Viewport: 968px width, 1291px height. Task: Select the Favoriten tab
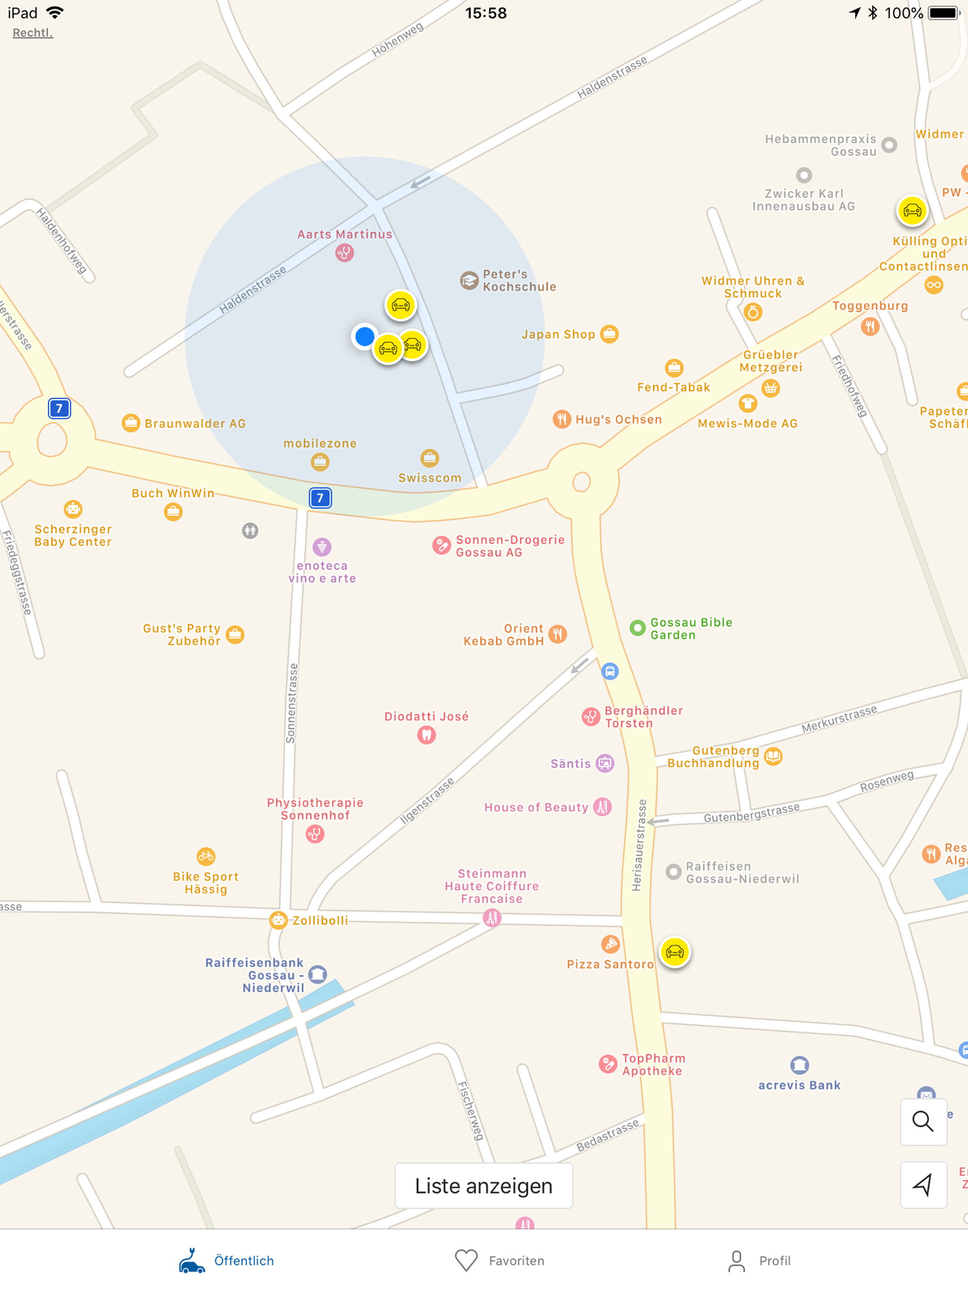pos(499,1260)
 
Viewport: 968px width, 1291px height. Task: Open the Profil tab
pos(759,1260)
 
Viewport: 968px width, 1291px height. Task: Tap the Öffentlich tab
pos(226,1260)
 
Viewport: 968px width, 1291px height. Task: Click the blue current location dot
pos(364,336)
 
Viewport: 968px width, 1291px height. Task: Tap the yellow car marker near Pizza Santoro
pos(674,952)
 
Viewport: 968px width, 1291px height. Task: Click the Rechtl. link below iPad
pos(33,33)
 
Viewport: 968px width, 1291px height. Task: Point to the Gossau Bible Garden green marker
pos(638,628)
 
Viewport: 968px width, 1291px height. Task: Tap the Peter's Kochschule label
pos(519,280)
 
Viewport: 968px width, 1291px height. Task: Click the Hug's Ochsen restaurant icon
pos(562,419)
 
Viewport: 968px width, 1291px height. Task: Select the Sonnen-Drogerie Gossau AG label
pos(510,546)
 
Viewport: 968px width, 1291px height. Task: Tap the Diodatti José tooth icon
pos(427,735)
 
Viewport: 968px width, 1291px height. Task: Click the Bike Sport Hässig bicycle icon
pos(206,856)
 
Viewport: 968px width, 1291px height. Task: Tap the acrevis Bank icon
pos(799,1065)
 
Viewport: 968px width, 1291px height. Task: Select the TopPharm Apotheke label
pos(653,1064)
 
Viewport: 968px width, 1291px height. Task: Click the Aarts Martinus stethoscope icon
pos(345,253)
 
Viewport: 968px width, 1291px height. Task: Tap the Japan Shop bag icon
pos(609,334)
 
